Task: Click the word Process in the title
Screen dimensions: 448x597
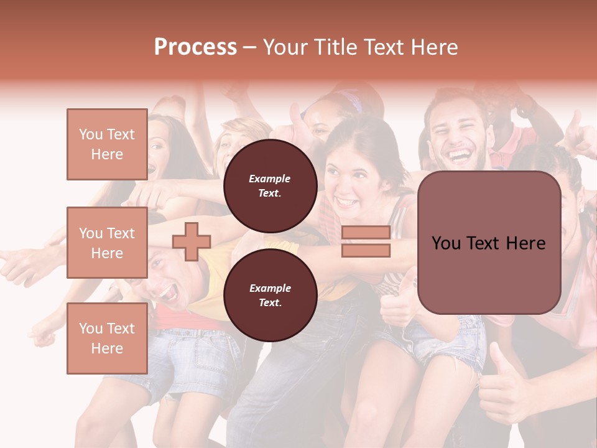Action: coord(195,47)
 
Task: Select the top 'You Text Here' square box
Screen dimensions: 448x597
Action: coord(107,144)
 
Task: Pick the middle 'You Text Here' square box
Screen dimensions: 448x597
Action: coord(107,243)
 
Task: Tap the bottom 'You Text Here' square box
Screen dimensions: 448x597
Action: coord(107,338)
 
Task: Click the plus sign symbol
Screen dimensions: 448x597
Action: coord(192,241)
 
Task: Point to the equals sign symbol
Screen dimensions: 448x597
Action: coord(366,241)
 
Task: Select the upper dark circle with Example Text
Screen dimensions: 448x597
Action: coord(270,185)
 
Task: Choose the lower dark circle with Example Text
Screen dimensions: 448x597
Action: coord(270,295)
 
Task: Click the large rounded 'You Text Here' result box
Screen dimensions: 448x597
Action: coord(489,243)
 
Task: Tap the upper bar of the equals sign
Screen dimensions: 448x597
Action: coord(366,233)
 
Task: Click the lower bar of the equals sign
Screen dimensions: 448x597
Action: coord(366,250)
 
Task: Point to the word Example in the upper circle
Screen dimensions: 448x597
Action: coord(270,179)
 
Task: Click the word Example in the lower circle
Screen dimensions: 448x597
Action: coord(270,288)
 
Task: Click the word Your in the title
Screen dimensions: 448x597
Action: coord(284,47)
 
